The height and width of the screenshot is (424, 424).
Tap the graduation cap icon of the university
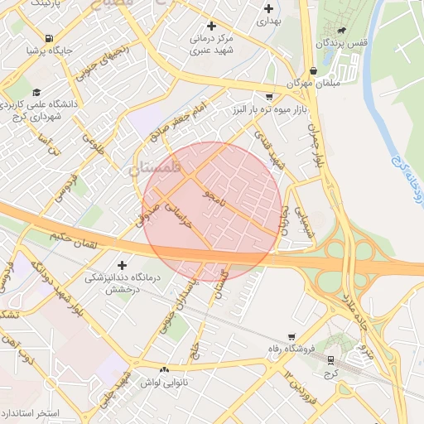coord(36,93)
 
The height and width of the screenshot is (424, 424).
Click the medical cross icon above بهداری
coord(267,8)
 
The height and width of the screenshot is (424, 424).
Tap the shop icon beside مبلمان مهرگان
coord(313,71)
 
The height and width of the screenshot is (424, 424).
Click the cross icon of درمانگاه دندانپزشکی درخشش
coord(122,265)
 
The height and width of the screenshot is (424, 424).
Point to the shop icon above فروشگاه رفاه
coord(291,336)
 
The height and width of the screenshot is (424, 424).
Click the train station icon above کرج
coord(331,360)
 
